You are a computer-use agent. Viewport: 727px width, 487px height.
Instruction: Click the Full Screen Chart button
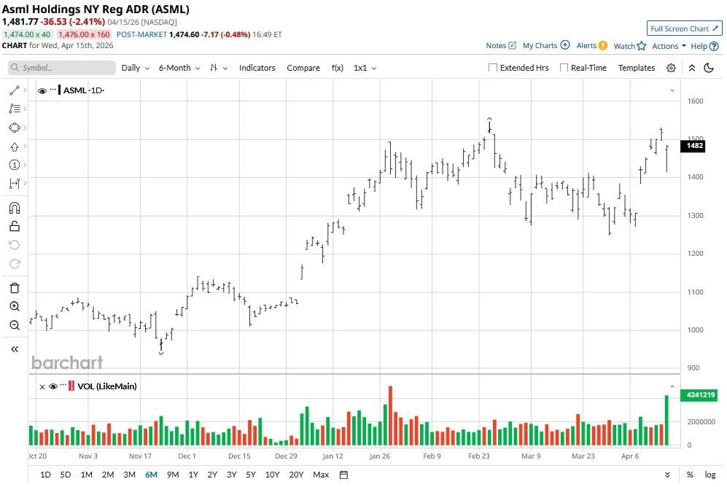pyautogui.click(x=684, y=28)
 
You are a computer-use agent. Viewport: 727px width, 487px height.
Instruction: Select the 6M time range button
pyautogui.click(x=151, y=475)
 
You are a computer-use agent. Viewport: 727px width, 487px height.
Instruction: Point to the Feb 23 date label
pyautogui.click(x=478, y=456)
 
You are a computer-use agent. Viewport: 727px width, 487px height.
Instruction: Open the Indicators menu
pyautogui.click(x=257, y=68)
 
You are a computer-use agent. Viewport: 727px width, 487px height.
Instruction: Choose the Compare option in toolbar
pyautogui.click(x=303, y=68)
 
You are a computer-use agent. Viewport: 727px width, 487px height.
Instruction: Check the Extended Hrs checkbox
pyautogui.click(x=493, y=68)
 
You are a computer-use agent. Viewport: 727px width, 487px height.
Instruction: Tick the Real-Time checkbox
pyautogui.click(x=564, y=68)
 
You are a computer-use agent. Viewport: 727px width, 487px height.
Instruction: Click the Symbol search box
pyautogui.click(x=62, y=68)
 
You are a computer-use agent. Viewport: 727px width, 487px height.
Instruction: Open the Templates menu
pyautogui.click(x=637, y=68)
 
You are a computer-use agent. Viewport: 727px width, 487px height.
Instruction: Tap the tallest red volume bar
pyautogui.click(x=390, y=416)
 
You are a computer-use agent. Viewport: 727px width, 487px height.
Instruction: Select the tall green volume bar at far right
pyautogui.click(x=666, y=420)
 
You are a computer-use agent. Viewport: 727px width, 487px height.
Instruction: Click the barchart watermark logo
pyautogui.click(x=67, y=362)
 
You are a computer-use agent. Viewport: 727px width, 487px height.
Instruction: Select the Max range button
pyautogui.click(x=321, y=475)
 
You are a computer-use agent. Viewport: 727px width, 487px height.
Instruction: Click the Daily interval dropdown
pyautogui.click(x=135, y=68)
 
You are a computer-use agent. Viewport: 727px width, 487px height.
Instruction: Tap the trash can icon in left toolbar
pyautogui.click(x=15, y=288)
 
